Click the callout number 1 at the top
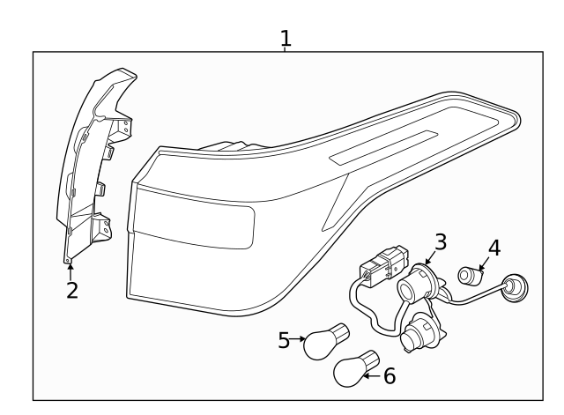click(x=286, y=38)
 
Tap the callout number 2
click(x=71, y=291)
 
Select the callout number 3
click(x=441, y=241)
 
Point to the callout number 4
click(x=494, y=247)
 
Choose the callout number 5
click(x=284, y=339)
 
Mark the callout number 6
click(x=389, y=376)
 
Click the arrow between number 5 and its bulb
click(x=298, y=338)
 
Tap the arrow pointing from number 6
click(x=372, y=376)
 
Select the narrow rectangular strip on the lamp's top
click(x=383, y=146)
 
